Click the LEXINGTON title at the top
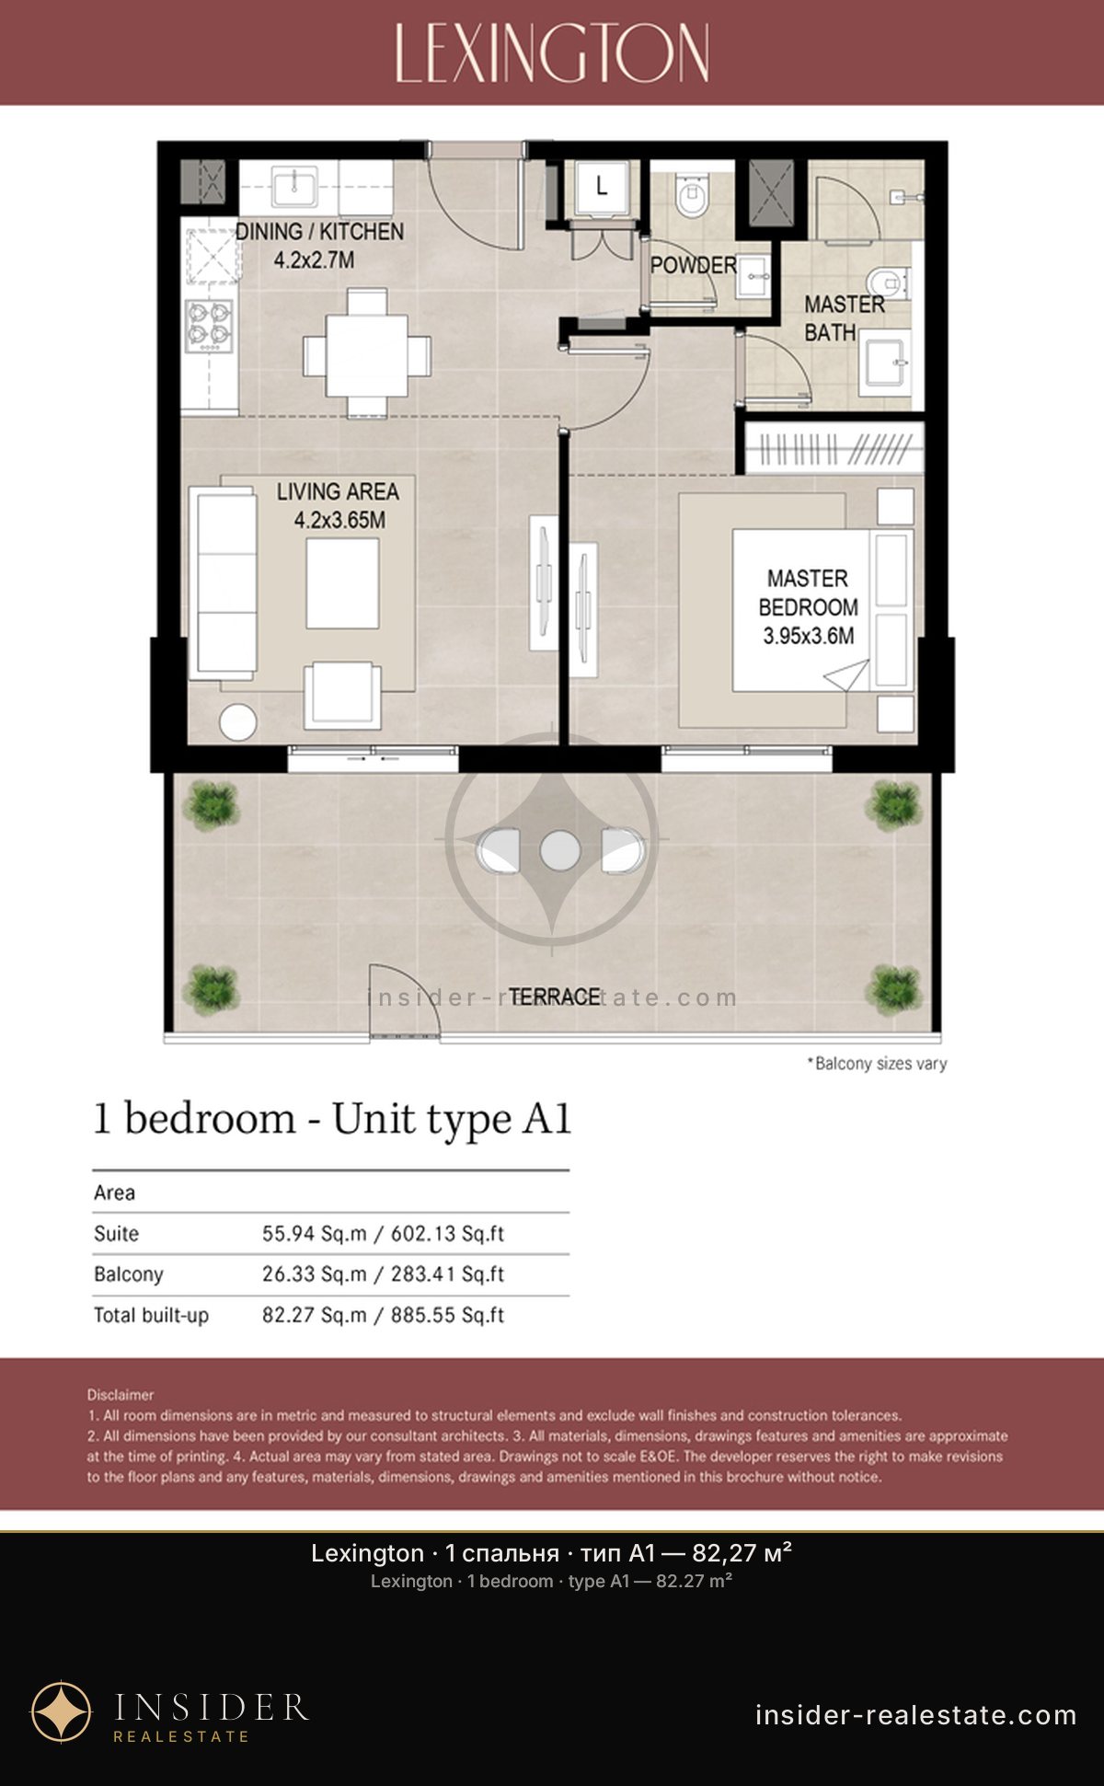tap(552, 53)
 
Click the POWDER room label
tap(693, 265)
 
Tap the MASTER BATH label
tap(844, 317)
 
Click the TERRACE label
tap(555, 997)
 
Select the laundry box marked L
tap(601, 189)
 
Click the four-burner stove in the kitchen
tap(210, 326)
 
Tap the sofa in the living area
tap(223, 583)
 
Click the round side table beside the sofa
tap(238, 722)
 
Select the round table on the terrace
tap(559, 849)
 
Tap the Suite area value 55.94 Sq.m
tap(315, 1233)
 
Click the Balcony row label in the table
tap(129, 1274)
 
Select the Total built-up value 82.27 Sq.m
tap(315, 1315)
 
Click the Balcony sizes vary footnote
tap(877, 1064)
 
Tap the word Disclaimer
tap(121, 1395)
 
